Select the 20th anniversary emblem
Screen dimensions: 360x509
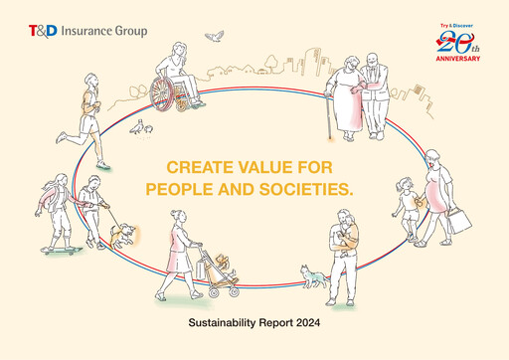coord(457,44)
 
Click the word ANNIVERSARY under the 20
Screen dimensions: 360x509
coord(457,59)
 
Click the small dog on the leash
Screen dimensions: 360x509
coord(123,235)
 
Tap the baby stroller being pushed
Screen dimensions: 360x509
coord(217,273)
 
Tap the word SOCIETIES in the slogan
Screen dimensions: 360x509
coord(307,188)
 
